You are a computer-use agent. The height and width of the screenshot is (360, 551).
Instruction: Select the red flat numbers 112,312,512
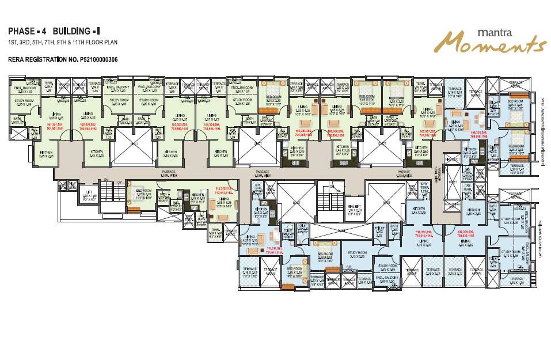pos(223,191)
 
